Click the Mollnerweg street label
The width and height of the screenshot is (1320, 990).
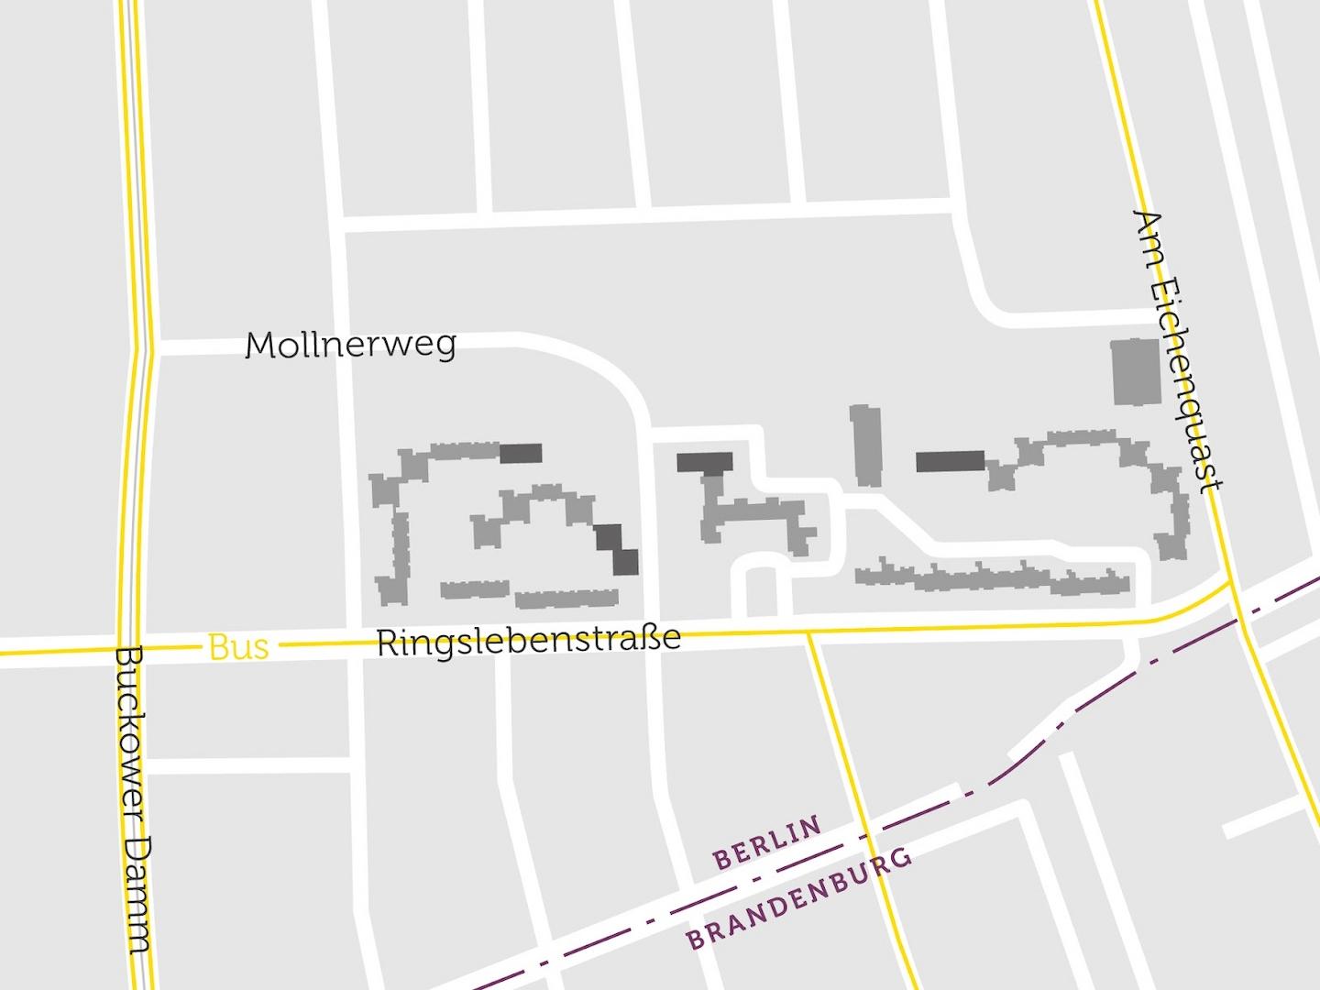[351, 346]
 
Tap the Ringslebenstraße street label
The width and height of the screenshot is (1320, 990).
[529, 640]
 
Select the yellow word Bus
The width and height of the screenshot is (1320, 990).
[238, 647]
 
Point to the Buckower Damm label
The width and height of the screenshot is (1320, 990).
[134, 799]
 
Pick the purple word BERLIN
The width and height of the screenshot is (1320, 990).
[767, 843]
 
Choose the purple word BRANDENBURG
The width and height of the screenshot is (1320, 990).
[800, 898]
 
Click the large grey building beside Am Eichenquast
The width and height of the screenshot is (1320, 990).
[1136, 371]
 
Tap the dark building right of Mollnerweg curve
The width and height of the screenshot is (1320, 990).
[705, 463]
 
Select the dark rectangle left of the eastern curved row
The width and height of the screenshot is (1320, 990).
[950, 461]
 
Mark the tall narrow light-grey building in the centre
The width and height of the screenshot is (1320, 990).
[865, 445]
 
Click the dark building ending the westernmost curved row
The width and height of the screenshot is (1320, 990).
[521, 453]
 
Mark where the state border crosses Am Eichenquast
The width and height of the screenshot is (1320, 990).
[1243, 621]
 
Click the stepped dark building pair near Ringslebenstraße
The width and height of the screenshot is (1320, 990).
[617, 549]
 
